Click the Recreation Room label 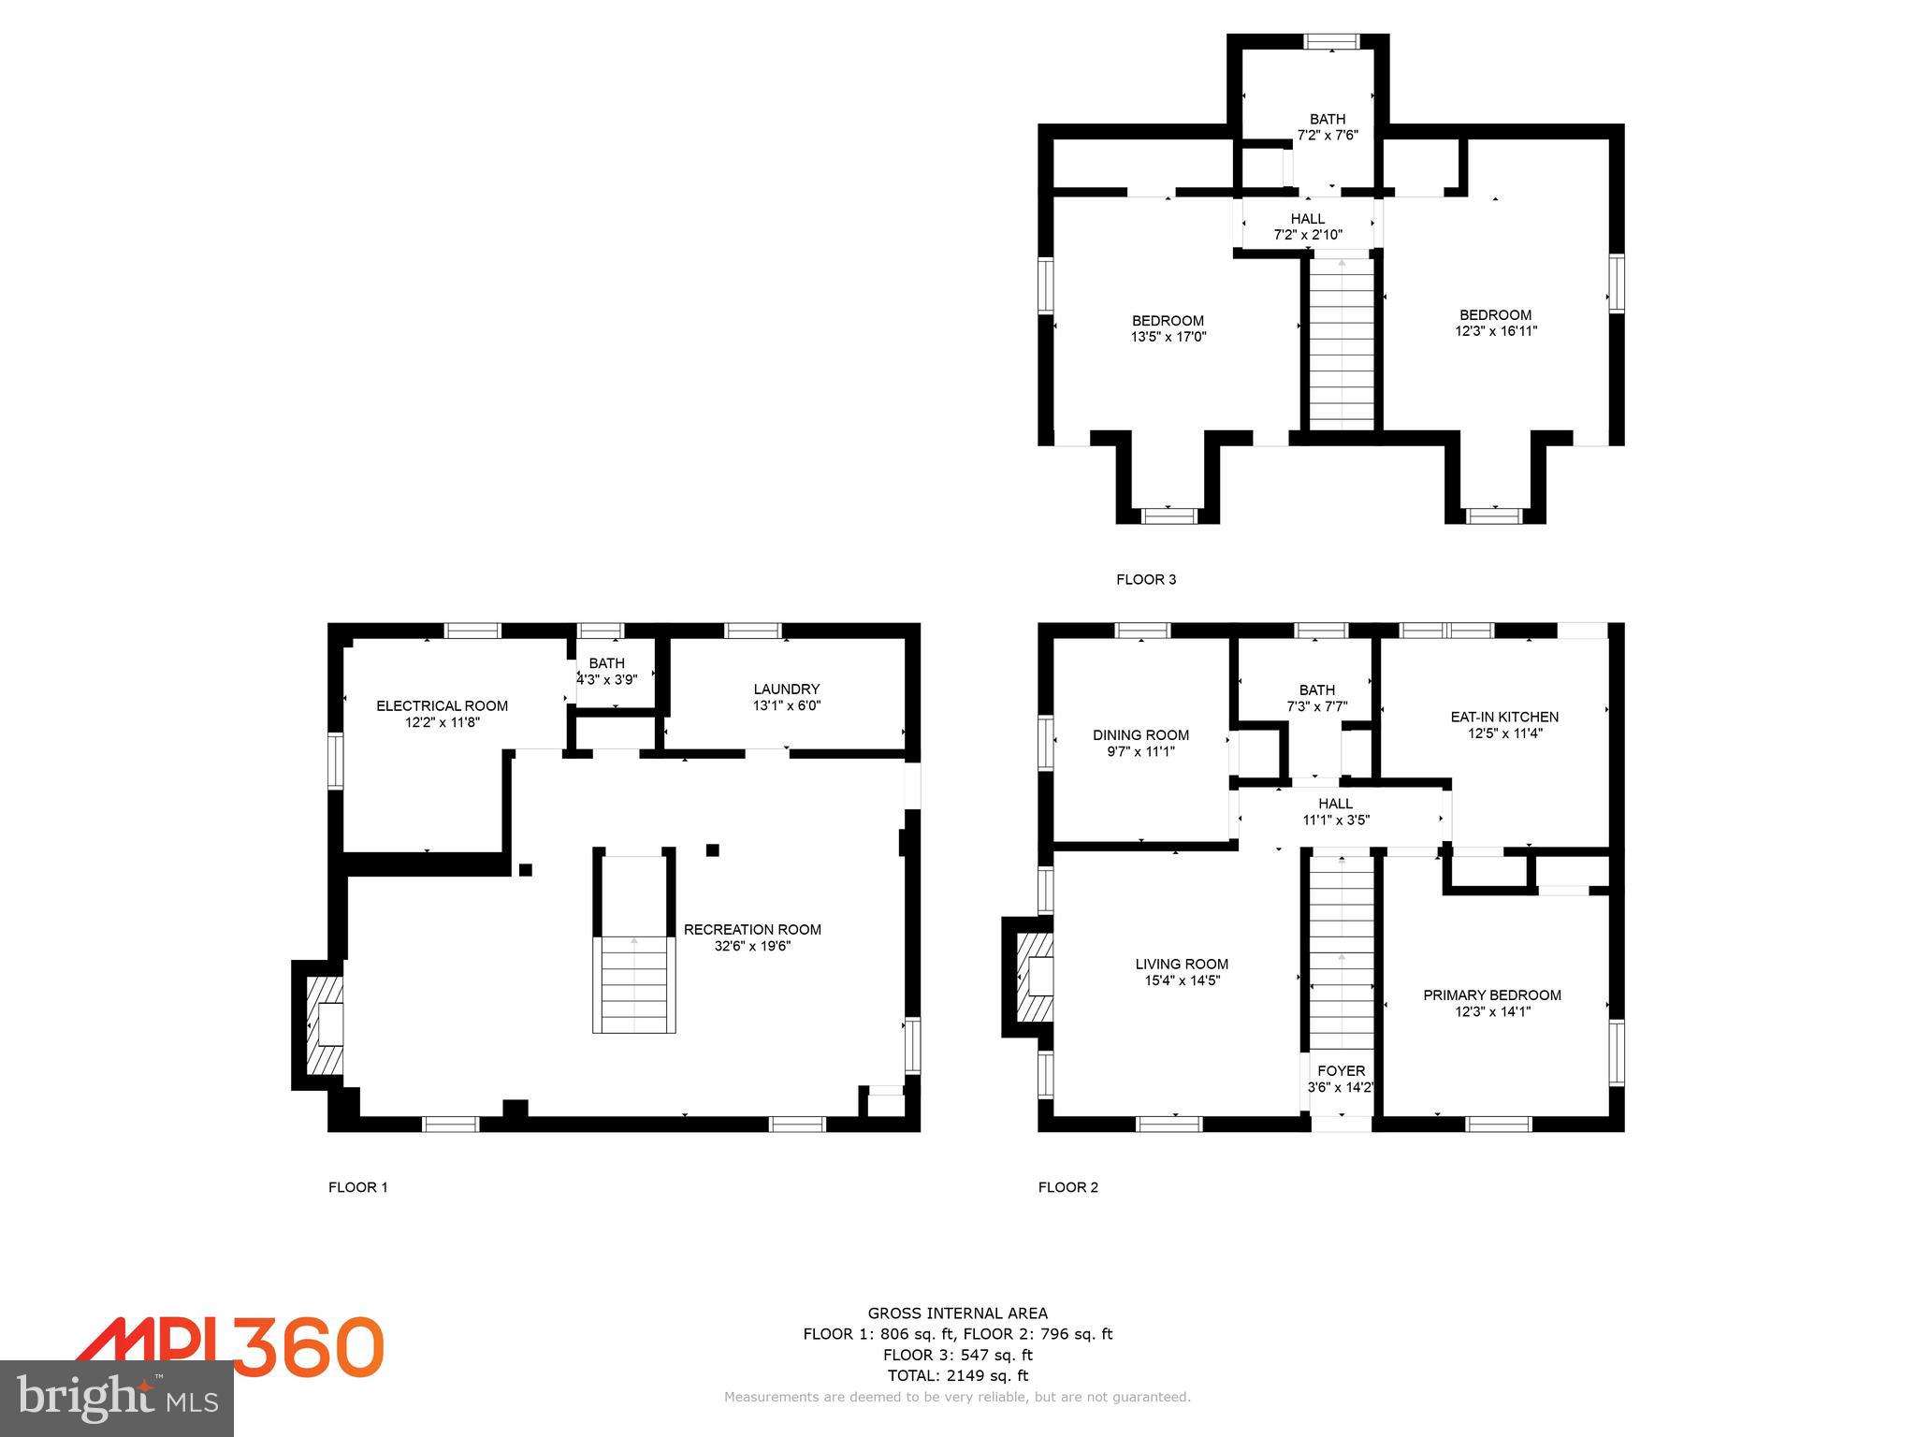pos(751,929)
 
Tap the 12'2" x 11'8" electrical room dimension pos(442,722)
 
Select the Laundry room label pos(786,689)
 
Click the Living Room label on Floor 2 pos(1181,964)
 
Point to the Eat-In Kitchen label pos(1503,717)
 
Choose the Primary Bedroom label pos(1491,994)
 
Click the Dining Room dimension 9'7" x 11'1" pos(1140,751)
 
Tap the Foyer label pos(1341,1070)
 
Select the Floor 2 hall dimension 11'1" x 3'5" pos(1335,820)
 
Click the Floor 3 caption pos(1145,579)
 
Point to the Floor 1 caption pos(357,1187)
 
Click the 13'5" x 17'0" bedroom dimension pos(1168,337)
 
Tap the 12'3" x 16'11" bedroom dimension pos(1495,331)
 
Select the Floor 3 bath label pos(1327,119)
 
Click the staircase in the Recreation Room pos(633,982)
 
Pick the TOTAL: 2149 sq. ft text pos(957,1375)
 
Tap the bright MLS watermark pos(117,1399)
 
